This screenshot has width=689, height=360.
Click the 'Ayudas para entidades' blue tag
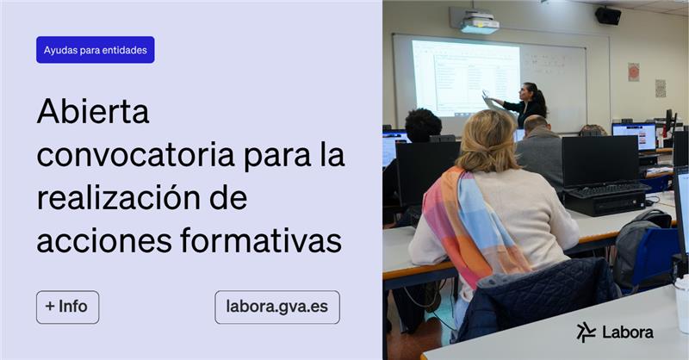(95, 50)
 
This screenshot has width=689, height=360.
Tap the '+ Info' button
(67, 307)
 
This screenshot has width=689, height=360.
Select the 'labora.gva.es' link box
(276, 307)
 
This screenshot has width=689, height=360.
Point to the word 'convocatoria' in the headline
(133, 157)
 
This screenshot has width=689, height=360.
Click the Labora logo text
(627, 332)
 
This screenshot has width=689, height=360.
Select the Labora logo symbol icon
(587, 332)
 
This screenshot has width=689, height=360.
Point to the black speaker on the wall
(608, 16)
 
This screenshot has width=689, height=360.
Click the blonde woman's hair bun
(487, 138)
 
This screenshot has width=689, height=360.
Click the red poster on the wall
(633, 71)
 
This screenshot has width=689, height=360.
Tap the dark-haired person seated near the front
(422, 127)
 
